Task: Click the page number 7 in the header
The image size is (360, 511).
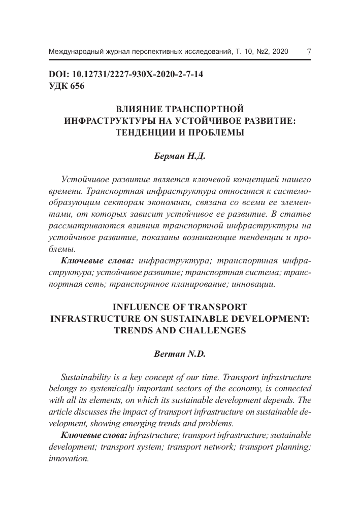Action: coord(309,52)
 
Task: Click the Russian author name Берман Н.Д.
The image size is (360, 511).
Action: coord(180,157)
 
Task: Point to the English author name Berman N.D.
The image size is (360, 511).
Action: coord(180,355)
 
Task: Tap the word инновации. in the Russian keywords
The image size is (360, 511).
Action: coord(253,284)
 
